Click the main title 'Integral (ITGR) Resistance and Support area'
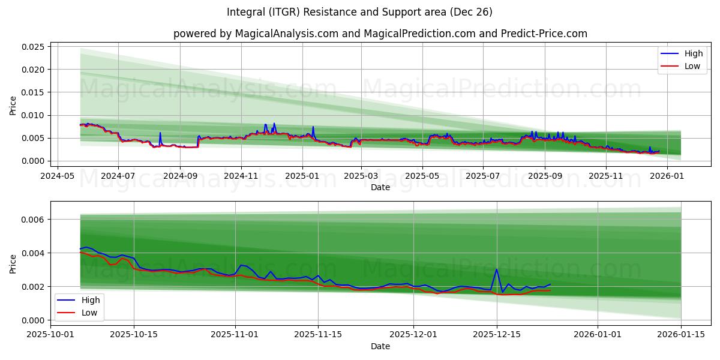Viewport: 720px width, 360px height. (x=359, y=12)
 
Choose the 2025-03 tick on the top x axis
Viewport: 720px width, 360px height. (x=361, y=176)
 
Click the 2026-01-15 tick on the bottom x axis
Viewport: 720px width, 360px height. (x=681, y=335)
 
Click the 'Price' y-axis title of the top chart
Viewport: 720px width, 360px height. (x=13, y=105)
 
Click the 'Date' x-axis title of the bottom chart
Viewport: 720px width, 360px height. (x=380, y=346)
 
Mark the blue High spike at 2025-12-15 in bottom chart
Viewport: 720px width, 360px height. (x=496, y=269)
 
